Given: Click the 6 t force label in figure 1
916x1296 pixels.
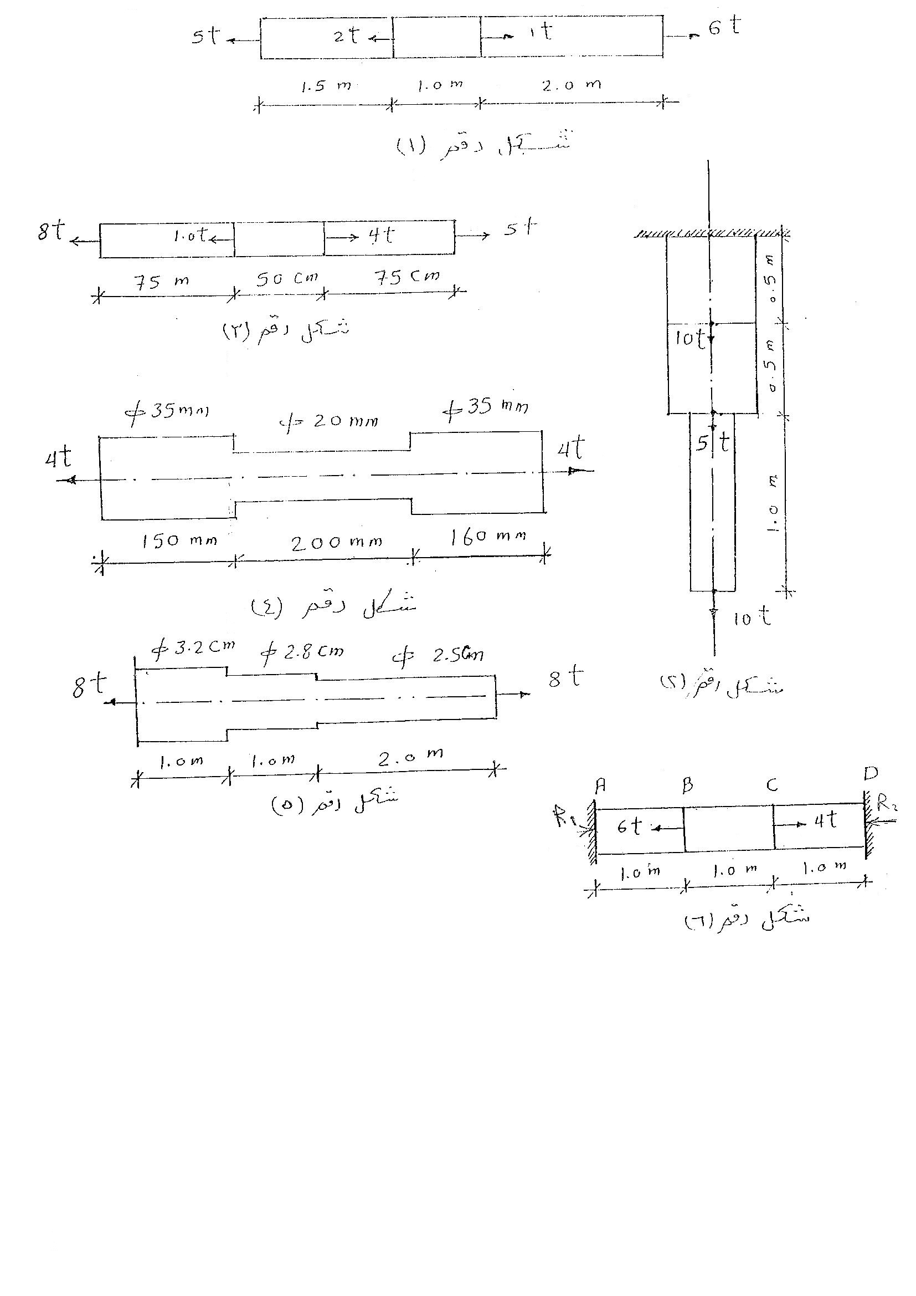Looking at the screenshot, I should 725,27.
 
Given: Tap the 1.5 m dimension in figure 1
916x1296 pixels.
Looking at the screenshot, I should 326,86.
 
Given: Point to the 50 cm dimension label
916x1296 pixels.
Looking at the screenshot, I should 287,278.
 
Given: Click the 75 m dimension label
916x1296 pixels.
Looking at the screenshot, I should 161,281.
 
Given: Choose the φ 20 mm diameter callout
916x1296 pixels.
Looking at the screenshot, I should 329,421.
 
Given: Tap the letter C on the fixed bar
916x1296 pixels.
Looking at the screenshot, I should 772,784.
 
